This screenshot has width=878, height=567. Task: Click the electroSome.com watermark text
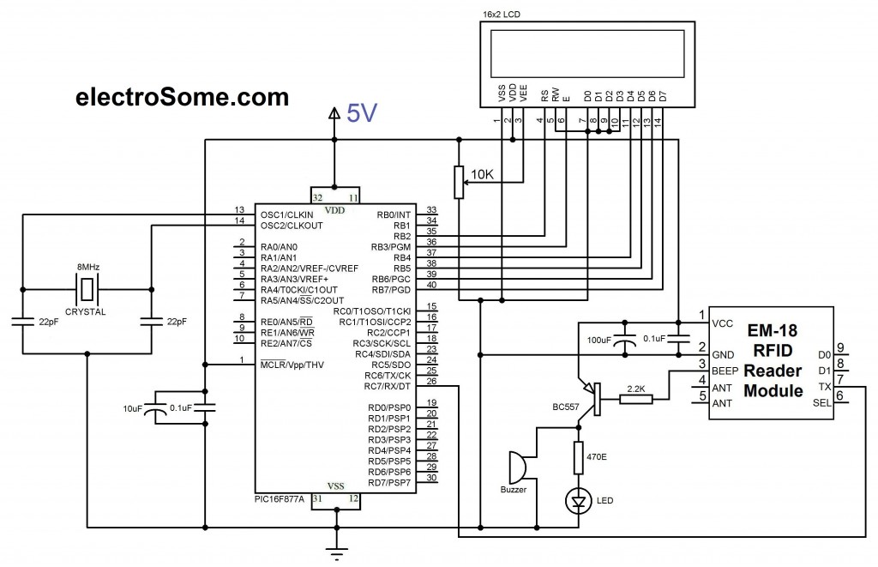182,97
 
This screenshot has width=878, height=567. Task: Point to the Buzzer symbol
516,468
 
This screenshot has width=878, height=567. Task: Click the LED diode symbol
579,498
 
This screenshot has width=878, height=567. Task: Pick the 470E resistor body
579,457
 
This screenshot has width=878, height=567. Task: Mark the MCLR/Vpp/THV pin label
293,365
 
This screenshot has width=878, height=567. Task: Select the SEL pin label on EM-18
821,403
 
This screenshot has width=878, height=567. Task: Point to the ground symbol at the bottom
334,549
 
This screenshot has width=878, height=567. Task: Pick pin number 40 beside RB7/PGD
431,285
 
